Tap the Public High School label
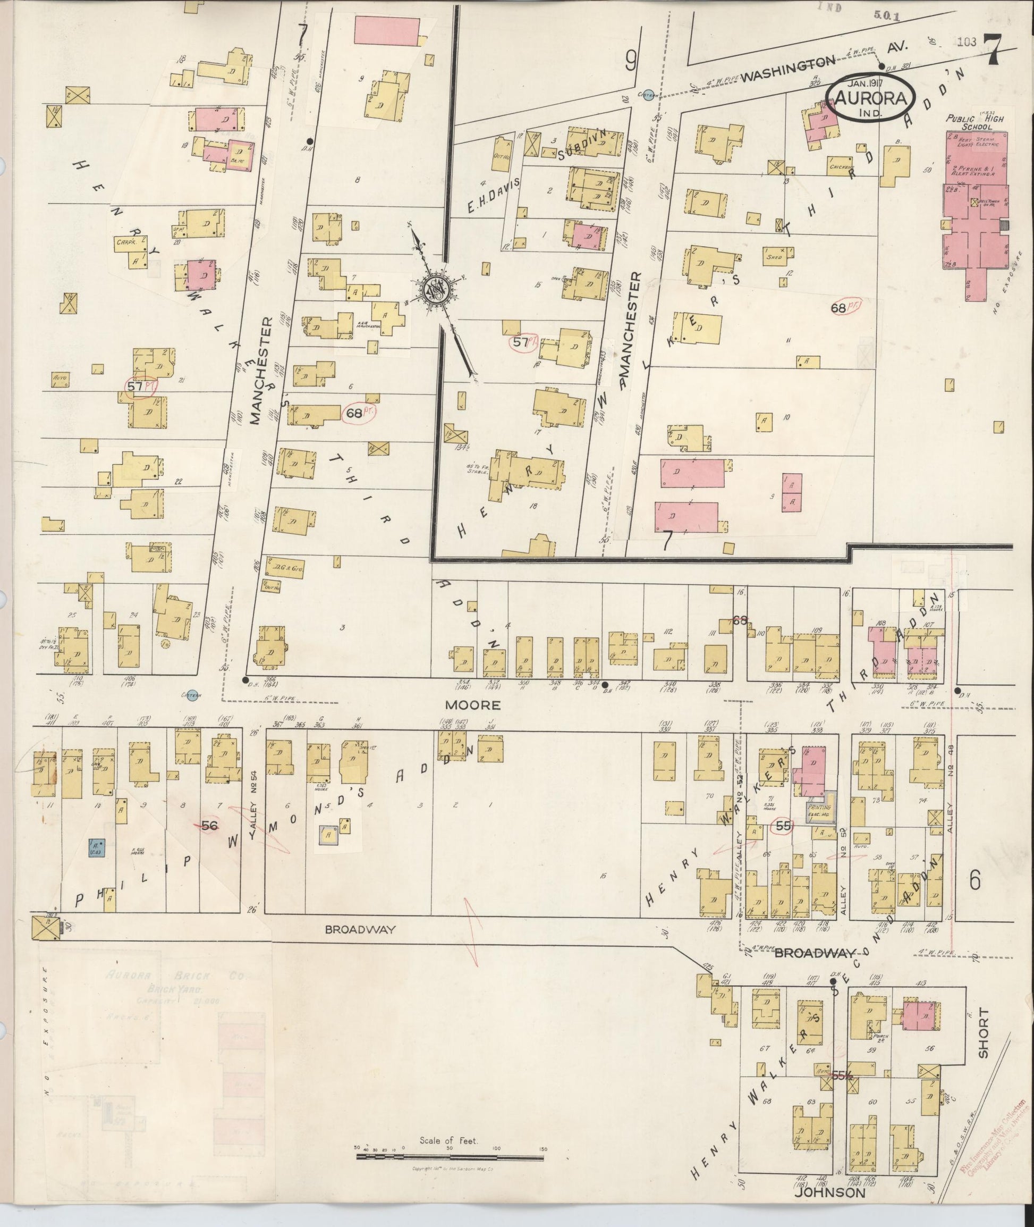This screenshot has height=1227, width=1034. coord(974,122)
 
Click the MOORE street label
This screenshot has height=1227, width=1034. coord(481,704)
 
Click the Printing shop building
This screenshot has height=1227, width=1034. coord(819,811)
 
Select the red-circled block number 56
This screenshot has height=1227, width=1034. coord(210,825)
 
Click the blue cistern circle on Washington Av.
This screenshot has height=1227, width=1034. coord(647,96)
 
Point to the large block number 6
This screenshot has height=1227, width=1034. coord(975,881)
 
